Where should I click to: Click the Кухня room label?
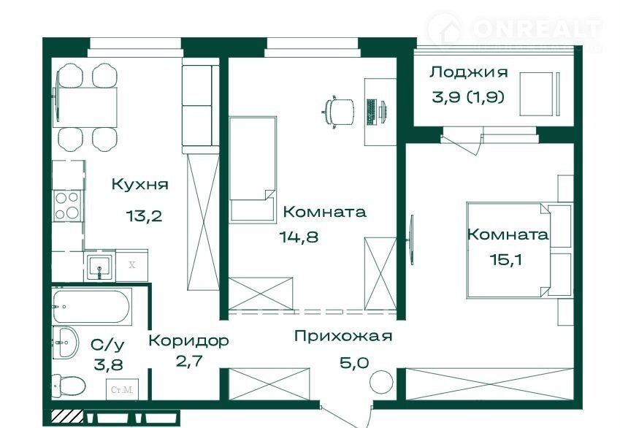tap(140, 185)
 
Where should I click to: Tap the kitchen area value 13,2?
tap(145, 216)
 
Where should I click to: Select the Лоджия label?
tap(469, 72)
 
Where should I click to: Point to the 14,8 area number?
tap(299, 237)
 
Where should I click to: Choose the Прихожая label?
tap(343, 336)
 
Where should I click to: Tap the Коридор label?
tap(188, 340)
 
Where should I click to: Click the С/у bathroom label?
tap(107, 345)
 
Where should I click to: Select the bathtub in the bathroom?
tap(91, 307)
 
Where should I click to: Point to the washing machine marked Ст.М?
tap(122, 389)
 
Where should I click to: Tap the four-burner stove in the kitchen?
tap(67, 206)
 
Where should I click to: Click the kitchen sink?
tap(99, 266)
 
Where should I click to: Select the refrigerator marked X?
tap(132, 265)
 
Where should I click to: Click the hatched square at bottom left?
tap(68, 417)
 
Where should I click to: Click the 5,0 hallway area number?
tap(355, 362)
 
